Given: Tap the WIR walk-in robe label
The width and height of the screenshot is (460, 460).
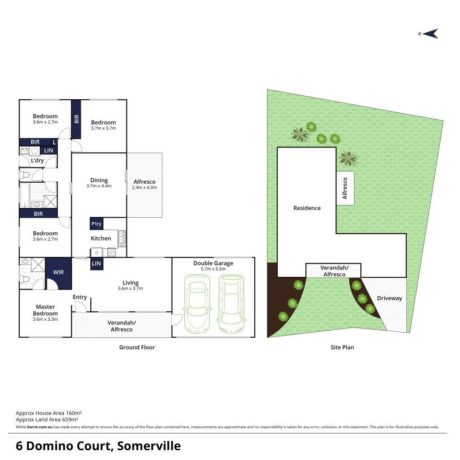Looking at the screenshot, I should (58, 272).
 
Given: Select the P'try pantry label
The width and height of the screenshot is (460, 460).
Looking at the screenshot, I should (96, 224).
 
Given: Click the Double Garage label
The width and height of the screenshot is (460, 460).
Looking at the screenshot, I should (213, 263).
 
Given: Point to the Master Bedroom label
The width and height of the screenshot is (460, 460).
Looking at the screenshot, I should (45, 310).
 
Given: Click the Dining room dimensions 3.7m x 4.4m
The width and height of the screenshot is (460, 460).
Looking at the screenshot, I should (99, 186).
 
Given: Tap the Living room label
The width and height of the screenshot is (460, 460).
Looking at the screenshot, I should (130, 283).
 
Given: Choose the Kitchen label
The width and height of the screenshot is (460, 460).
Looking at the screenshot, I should (101, 239).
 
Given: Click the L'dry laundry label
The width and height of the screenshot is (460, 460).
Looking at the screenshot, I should (37, 161).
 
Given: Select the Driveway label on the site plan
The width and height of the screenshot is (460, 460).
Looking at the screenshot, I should (389, 298).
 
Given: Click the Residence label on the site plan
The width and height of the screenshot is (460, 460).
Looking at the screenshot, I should (307, 208).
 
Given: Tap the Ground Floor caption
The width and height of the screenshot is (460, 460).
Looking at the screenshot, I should (137, 347).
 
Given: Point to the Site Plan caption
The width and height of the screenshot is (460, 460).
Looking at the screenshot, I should (342, 347).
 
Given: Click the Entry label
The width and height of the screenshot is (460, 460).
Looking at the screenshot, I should (80, 297).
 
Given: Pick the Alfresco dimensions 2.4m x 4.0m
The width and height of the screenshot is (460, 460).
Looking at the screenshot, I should (144, 187).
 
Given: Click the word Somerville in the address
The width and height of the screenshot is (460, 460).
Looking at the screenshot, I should (149, 446).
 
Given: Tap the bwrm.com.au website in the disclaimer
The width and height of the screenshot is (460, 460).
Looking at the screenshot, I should (40, 427).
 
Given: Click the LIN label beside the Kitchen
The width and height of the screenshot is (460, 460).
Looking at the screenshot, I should (96, 264).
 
